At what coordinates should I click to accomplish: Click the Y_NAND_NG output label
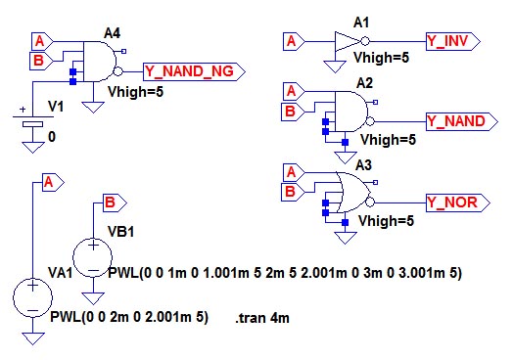pos(194,71)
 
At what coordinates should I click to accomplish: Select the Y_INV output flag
pos(453,41)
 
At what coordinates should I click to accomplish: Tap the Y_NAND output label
pos(462,121)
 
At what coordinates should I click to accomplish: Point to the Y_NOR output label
pos(458,202)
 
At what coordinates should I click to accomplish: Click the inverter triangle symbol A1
pos(348,41)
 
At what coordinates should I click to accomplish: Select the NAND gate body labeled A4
pos(99,62)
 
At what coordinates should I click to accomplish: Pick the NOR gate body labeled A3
pos(352,193)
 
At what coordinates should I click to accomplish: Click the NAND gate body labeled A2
pos(350,112)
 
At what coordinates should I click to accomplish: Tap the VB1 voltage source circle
pos(93,257)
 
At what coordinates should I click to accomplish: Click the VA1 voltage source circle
pos(32,297)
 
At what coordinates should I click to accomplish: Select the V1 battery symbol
pos(32,120)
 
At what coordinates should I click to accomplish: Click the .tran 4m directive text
pos(262,318)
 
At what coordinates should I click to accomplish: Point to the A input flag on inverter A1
pos(294,41)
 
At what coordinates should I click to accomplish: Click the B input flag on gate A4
pos(41,61)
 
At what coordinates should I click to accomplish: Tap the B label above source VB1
pos(115,203)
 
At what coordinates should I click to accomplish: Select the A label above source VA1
pos(53,182)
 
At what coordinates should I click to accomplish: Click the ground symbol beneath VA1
pos(32,338)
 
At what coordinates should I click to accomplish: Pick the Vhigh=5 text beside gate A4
pos(135,92)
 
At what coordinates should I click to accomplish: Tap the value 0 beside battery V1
pos(52,137)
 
